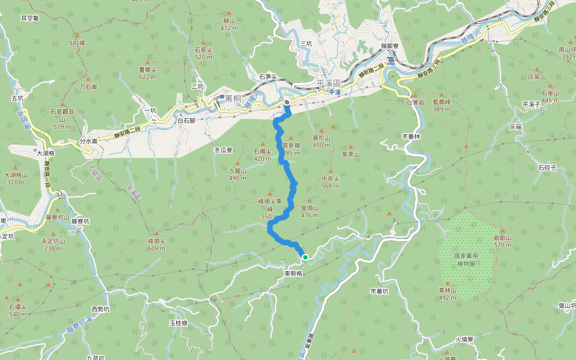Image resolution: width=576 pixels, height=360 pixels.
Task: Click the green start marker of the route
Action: (x=305, y=257)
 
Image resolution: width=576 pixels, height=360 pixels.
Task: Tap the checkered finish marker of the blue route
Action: (x=287, y=103)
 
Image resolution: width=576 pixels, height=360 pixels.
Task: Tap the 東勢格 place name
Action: (x=294, y=273)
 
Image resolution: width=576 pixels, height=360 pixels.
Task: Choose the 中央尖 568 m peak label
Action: (x=331, y=182)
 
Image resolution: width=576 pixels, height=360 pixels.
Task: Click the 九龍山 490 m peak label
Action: (x=238, y=174)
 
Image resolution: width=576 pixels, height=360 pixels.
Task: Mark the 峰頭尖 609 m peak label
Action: (x=157, y=244)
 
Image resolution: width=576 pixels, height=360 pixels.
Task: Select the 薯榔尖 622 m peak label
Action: (x=148, y=73)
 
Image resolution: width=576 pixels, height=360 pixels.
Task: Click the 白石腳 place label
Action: (x=187, y=120)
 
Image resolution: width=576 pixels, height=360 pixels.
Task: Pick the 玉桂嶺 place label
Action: (x=178, y=323)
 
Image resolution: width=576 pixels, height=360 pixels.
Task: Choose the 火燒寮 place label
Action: (x=464, y=339)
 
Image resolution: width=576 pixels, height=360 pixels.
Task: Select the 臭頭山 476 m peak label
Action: (x=310, y=211)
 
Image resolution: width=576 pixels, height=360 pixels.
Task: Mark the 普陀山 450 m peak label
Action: (x=322, y=141)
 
